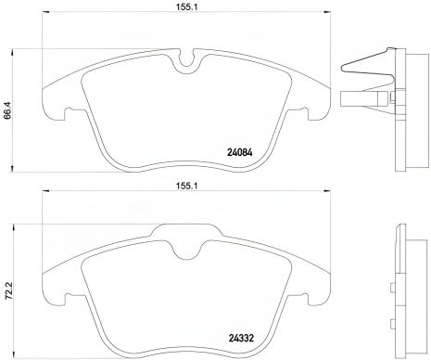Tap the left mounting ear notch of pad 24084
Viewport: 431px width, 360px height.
pyautogui.click(x=56, y=116)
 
